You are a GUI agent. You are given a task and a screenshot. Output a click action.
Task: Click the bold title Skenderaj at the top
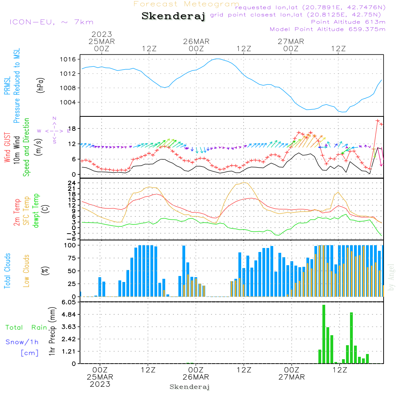point(173,16)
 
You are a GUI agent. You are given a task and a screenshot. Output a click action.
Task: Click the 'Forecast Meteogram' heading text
point(186,4)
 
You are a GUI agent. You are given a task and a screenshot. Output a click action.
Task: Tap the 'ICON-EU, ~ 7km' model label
point(51,22)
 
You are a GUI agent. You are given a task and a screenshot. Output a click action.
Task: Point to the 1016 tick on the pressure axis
point(69,59)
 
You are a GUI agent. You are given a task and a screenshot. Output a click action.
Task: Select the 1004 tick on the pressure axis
point(69,102)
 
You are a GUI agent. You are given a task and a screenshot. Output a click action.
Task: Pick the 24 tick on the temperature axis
point(72,183)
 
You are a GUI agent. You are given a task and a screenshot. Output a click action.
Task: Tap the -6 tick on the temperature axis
point(72,238)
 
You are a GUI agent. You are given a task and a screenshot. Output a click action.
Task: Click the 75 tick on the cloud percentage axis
point(72,258)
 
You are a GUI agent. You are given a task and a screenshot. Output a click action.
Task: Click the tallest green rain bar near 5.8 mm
point(324,334)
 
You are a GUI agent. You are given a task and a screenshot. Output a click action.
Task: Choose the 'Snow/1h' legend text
point(22,342)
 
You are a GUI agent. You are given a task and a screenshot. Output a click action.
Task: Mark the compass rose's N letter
point(54,118)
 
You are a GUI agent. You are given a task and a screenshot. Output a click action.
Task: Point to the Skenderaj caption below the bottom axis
point(190,387)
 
